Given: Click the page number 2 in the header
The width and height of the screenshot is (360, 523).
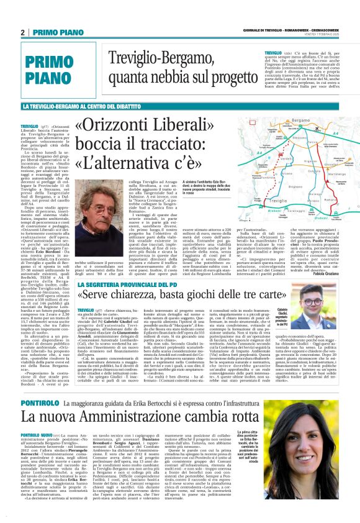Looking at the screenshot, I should (x=22, y=32).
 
